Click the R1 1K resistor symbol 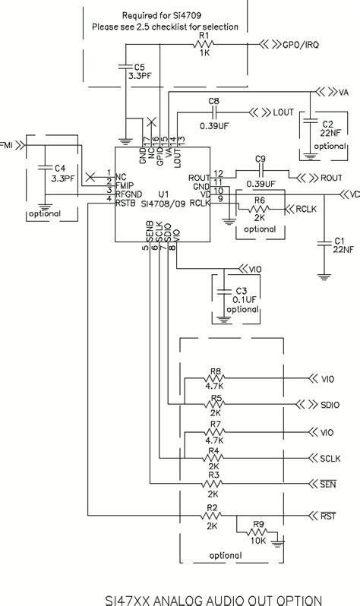[x=203, y=44]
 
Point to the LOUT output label [x=283, y=112]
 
